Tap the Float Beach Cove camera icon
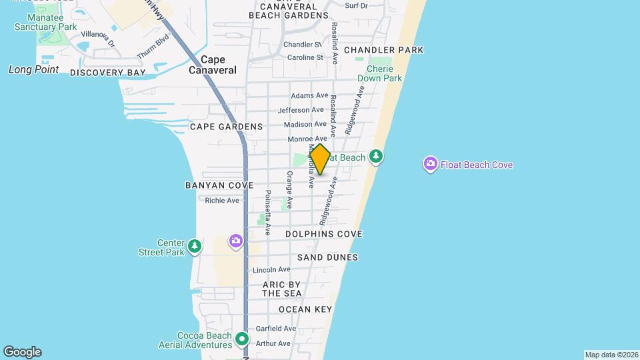(x=431, y=163)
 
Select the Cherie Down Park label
(x=379, y=73)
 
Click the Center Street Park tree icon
(x=194, y=247)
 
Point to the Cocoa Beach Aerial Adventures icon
(x=241, y=340)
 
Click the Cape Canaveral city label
(x=213, y=65)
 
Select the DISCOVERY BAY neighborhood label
(x=107, y=73)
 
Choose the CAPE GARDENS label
(x=226, y=127)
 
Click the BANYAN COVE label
(x=210, y=185)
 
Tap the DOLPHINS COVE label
(x=324, y=235)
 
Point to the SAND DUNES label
(x=327, y=257)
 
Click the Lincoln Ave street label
(x=271, y=270)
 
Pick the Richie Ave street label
(x=222, y=201)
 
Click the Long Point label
(x=33, y=69)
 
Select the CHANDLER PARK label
(x=383, y=50)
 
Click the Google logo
(x=22, y=352)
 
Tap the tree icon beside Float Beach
(x=377, y=157)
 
